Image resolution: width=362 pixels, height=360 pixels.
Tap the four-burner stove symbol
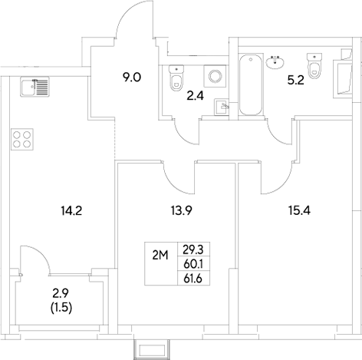22,139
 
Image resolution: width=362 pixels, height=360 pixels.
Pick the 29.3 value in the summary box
193,248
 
